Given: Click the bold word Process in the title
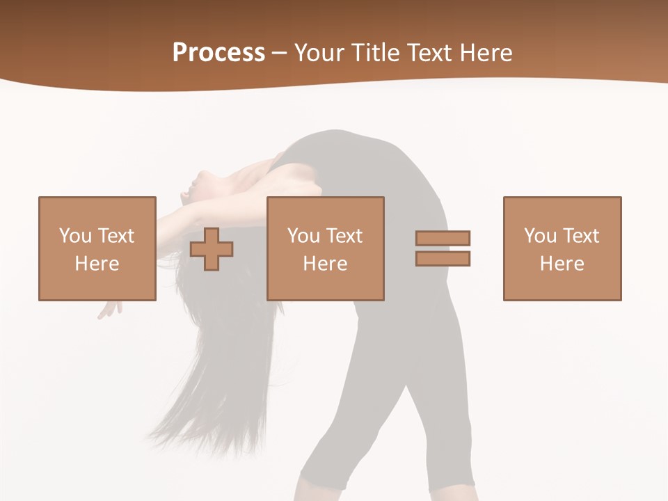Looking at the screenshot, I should (218, 53).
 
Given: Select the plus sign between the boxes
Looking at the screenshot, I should (212, 249).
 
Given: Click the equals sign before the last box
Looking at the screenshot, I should (443, 248).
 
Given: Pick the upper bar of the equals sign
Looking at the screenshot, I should (443, 238).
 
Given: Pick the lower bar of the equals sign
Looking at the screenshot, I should (443, 258).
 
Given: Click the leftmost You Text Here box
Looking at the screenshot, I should (97, 248).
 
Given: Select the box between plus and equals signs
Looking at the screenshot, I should (325, 248).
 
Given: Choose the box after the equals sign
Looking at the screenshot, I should (562, 248).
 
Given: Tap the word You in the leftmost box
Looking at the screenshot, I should (74, 236).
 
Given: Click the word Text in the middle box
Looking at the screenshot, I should (344, 236).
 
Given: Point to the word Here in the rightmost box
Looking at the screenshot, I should (562, 264).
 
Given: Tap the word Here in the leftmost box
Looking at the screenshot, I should (97, 264).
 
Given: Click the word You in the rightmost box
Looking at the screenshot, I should (539, 236).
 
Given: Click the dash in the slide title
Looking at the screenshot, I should (279, 53).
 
